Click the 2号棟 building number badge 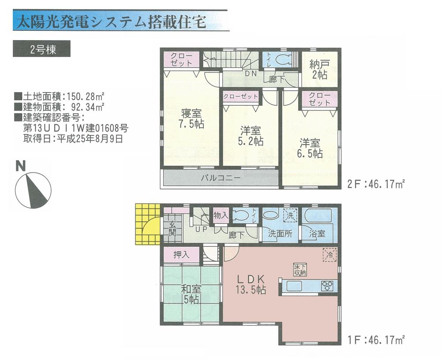[42, 49]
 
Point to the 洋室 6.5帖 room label [311, 148]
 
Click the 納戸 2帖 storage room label [319, 70]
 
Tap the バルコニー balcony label [220, 178]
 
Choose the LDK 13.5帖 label [251, 284]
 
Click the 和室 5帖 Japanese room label [191, 294]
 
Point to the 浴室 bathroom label [317, 233]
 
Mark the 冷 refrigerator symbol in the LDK [329, 254]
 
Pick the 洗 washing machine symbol [290, 216]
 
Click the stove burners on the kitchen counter [327, 286]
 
